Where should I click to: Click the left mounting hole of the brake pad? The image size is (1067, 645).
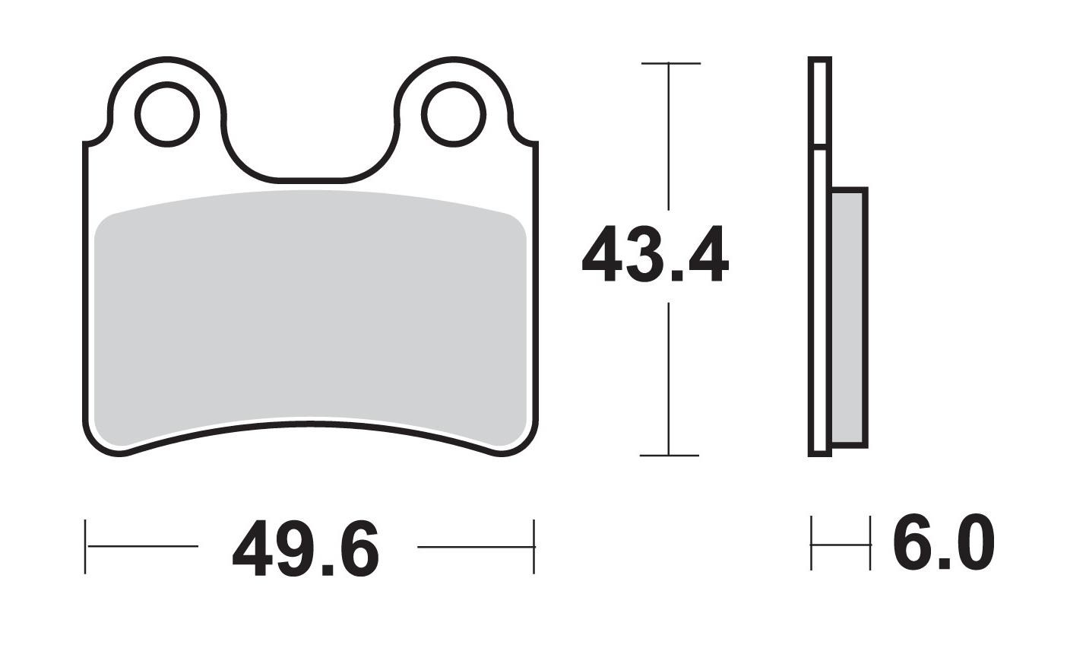[x=167, y=115]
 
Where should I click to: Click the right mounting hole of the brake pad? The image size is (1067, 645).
[x=454, y=115]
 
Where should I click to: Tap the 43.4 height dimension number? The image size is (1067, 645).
[x=654, y=254]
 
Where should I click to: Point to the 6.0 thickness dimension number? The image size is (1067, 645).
[x=943, y=543]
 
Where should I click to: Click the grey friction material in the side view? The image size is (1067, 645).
[x=848, y=316]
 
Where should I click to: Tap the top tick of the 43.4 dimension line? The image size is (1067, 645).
[x=670, y=63]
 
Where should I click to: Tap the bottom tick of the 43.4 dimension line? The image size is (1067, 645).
[x=669, y=456]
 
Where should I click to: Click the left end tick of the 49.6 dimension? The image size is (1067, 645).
[x=86, y=546]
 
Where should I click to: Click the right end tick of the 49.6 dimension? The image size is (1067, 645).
[x=534, y=546]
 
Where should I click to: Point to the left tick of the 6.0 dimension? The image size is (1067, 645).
[x=812, y=543]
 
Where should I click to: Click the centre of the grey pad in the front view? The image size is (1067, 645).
[x=310, y=319]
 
